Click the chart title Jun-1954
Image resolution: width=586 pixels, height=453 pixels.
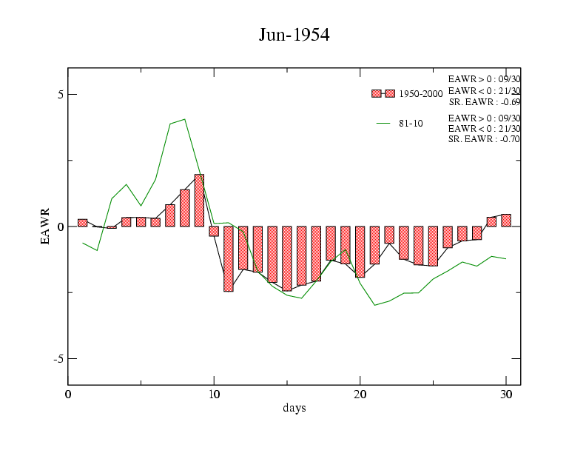pyautogui.click(x=294, y=35)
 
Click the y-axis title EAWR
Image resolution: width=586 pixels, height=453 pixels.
pyautogui.click(x=45, y=226)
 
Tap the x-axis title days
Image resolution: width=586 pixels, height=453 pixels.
pyautogui.click(x=294, y=408)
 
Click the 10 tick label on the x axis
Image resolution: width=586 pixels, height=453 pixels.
pyautogui.click(x=214, y=394)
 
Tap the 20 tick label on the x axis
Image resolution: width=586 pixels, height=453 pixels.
pyautogui.click(x=360, y=394)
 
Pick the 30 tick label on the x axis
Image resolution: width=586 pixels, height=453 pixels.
pyautogui.click(x=506, y=394)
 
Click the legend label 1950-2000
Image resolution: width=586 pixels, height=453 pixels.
pyautogui.click(x=421, y=94)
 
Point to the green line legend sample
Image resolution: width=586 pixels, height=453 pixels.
pyautogui.click(x=383, y=124)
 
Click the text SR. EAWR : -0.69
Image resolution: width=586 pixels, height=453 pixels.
pyautogui.click(x=484, y=102)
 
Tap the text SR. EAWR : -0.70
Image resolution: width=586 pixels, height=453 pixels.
pyautogui.click(x=484, y=139)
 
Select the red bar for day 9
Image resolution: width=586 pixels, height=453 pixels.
pyautogui.click(x=199, y=200)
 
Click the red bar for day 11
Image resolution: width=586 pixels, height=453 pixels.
pyautogui.click(x=229, y=258)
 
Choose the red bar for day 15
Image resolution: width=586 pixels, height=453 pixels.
pyautogui.click(x=287, y=258)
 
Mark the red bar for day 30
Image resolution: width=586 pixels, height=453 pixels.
pyautogui.click(x=506, y=220)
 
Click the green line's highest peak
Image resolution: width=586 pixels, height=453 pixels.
pyautogui.click(x=184, y=118)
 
